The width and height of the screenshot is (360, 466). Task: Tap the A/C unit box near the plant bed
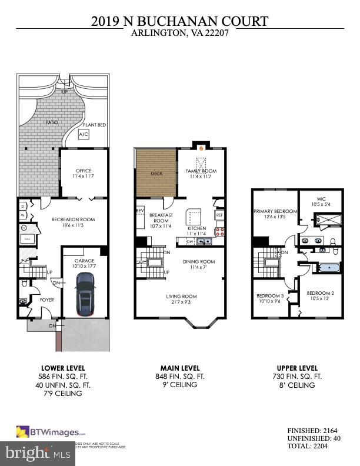point(84,135)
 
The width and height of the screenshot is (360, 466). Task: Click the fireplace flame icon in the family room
point(201,148)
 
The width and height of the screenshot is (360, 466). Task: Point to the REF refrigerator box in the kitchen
point(219,215)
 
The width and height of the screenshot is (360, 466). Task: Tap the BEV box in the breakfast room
point(141,210)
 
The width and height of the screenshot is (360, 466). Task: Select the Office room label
point(84,171)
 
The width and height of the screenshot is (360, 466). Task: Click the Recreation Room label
point(73,219)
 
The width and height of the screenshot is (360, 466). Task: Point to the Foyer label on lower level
point(46,298)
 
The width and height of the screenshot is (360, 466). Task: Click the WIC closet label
point(321,198)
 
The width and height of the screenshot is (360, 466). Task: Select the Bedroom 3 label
point(270,296)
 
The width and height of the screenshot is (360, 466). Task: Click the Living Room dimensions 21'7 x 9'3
point(181,302)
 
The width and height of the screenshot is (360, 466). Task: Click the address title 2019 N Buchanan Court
point(180,22)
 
